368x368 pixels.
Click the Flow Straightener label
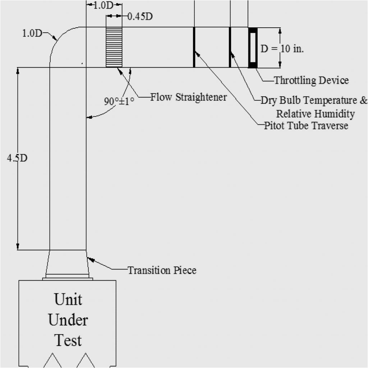click(188, 97)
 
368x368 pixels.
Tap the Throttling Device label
click(311, 80)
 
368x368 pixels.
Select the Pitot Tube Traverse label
click(306, 125)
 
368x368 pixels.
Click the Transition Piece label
click(162, 270)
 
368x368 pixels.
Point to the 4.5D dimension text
click(17, 158)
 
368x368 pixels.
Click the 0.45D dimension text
click(140, 17)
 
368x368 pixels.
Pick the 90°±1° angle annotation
click(119, 101)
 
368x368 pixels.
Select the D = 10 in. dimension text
click(282, 49)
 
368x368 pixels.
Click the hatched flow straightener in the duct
click(114, 47)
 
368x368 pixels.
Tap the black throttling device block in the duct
click(253, 47)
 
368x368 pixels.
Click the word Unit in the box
click(68, 299)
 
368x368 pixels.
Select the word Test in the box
click(68, 340)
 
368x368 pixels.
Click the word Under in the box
click(68, 320)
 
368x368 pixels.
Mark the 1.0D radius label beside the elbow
click(32, 33)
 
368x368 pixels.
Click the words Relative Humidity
click(315, 114)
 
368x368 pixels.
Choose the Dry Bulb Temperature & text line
click(314, 100)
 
